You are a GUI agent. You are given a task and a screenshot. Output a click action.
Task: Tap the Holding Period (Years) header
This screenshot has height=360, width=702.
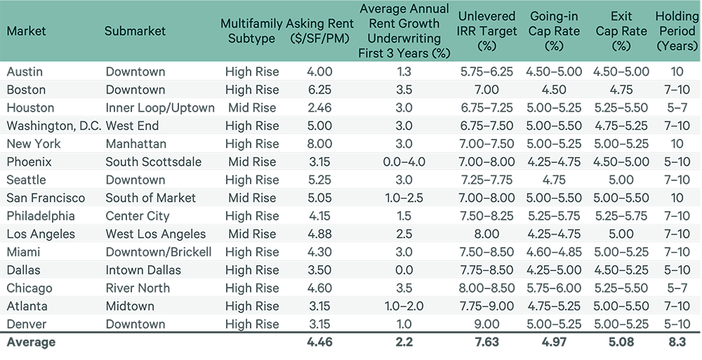(676, 30)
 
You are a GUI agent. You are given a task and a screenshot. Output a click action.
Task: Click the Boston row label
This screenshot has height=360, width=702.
(26, 90)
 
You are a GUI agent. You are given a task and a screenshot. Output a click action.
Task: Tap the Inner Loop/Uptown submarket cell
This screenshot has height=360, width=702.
(160, 108)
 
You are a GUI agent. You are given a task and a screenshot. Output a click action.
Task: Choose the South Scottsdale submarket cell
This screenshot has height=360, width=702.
(153, 162)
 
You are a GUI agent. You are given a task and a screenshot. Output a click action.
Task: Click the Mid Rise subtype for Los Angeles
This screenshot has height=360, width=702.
(252, 234)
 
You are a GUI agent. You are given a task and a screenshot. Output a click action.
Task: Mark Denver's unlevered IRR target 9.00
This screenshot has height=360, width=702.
(486, 324)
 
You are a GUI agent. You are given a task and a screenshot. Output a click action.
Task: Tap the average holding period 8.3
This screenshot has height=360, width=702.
(676, 342)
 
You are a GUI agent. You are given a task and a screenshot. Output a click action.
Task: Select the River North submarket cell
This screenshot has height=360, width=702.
(138, 288)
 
